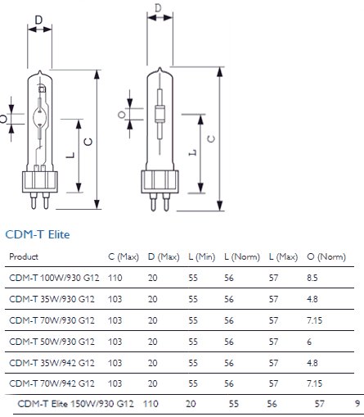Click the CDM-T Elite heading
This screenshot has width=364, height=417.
(x=38, y=234)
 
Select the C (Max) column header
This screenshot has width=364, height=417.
(x=124, y=256)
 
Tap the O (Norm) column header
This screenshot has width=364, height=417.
(x=326, y=256)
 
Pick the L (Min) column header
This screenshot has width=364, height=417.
(x=202, y=256)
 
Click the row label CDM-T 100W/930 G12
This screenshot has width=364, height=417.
(x=54, y=278)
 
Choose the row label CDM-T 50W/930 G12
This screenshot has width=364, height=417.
(x=52, y=342)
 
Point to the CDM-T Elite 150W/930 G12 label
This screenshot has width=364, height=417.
(x=75, y=404)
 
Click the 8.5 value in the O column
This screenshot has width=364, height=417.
(x=312, y=278)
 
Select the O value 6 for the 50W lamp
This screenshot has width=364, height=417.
(x=309, y=342)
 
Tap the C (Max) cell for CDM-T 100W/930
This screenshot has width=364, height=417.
(x=115, y=278)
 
